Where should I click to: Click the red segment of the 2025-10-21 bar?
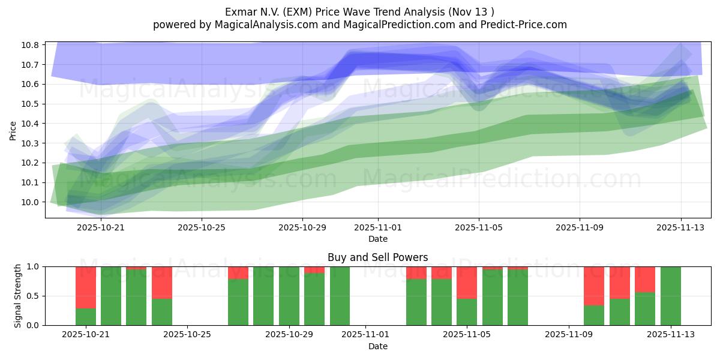click(86, 287)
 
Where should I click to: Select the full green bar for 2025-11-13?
click(670, 296)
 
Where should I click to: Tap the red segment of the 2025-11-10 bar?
click(594, 286)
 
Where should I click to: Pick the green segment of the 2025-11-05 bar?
click(467, 312)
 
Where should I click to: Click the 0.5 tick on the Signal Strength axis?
click(34, 296)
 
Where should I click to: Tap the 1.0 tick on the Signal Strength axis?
click(34, 266)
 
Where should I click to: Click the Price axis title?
click(13, 130)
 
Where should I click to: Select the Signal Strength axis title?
click(18, 296)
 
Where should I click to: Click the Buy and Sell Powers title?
click(377, 257)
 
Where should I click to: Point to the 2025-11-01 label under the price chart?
click(378, 227)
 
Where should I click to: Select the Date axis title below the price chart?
click(378, 239)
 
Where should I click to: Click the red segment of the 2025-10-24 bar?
click(162, 282)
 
